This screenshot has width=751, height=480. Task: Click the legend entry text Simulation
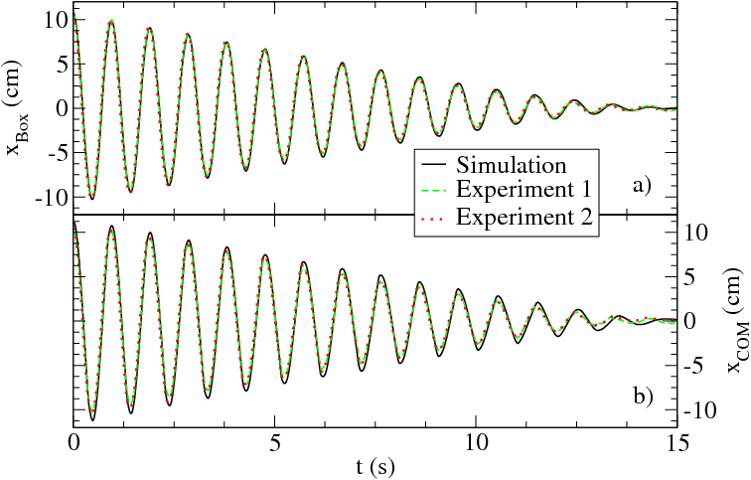(511, 164)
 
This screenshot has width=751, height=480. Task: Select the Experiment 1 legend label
(525, 191)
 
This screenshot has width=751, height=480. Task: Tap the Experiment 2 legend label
(525, 218)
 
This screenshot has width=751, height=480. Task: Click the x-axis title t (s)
(375, 464)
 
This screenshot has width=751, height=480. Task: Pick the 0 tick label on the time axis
(74, 440)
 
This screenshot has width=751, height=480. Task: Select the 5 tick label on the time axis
(275, 440)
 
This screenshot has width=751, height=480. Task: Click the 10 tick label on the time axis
(476, 440)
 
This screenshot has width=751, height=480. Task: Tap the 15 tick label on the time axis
(676, 440)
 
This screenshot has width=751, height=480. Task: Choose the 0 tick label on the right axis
(690, 321)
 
